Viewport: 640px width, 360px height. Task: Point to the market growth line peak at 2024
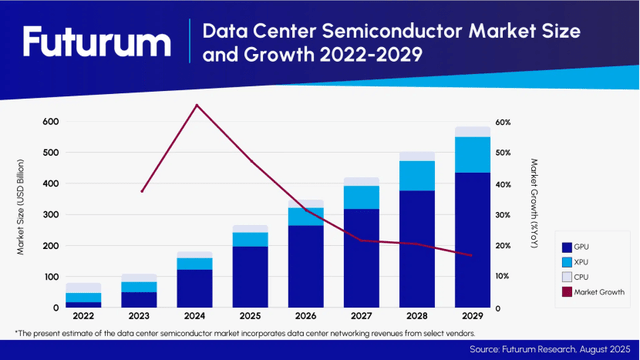[x=197, y=105]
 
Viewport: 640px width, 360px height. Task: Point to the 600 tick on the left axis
[x=49, y=122]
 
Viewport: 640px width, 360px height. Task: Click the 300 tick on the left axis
[x=49, y=215]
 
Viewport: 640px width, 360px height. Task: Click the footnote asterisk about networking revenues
[x=17, y=331]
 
